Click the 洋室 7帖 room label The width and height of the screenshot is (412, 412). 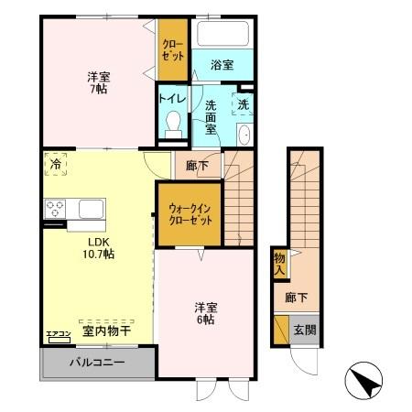coord(98,83)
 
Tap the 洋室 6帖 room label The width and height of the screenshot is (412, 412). coord(205,315)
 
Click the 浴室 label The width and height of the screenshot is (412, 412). coord(222,66)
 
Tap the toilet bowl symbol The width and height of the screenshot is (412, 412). coord(171,126)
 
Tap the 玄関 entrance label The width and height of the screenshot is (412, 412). coord(303,331)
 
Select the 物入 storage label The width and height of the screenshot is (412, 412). coord(280,265)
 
